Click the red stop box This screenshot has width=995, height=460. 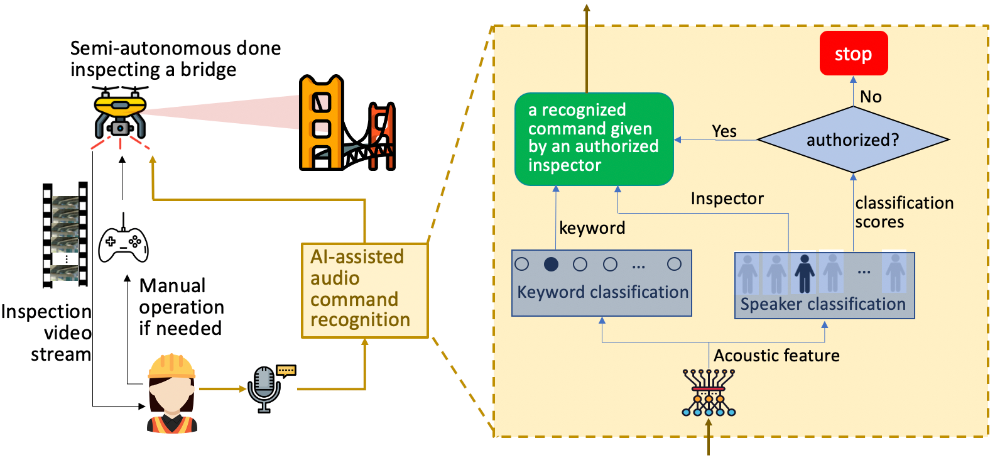point(853,53)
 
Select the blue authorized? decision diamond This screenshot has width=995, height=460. point(852,140)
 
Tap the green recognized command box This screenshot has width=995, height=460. point(594,139)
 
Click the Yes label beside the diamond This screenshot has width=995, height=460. point(724,131)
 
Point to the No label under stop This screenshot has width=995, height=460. point(871,97)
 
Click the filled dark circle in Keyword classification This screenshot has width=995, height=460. point(551,265)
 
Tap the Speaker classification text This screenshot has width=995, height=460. point(823,305)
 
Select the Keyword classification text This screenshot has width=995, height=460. point(602,292)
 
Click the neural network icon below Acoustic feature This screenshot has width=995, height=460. point(709,393)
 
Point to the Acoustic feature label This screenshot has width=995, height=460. point(776,356)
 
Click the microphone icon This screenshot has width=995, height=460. point(265,388)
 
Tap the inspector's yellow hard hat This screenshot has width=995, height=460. point(171,366)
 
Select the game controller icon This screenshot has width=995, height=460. point(124,243)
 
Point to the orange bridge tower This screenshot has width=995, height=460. point(321,123)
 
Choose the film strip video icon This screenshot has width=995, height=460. point(65,235)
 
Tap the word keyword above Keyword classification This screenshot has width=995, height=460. point(592,228)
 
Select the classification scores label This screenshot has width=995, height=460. point(903,212)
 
